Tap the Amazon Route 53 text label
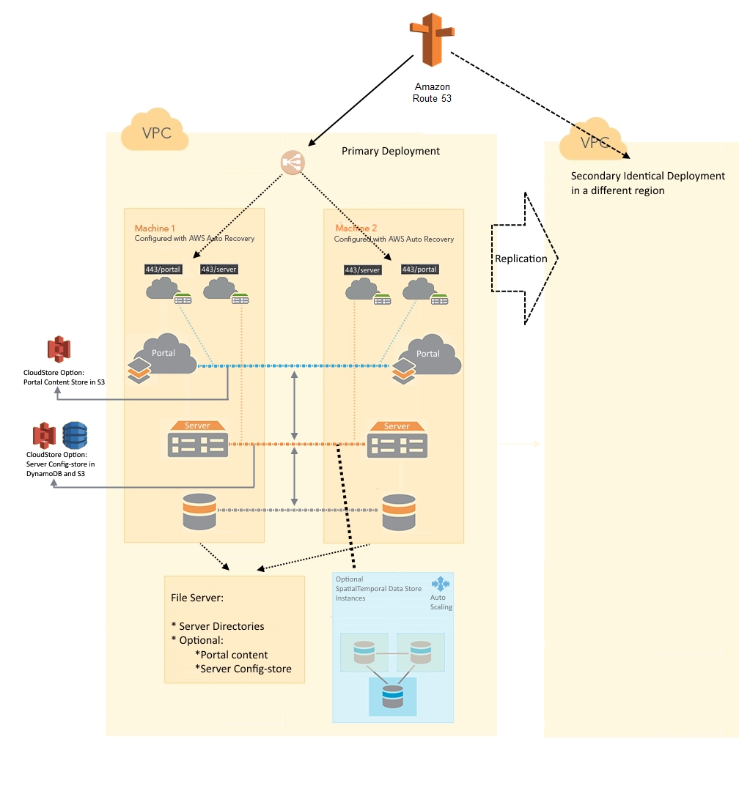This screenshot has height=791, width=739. (x=432, y=92)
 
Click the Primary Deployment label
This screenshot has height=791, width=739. (x=391, y=151)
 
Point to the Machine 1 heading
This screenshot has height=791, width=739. (x=155, y=229)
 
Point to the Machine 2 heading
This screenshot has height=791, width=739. (x=356, y=229)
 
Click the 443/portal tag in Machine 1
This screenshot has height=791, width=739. (x=163, y=269)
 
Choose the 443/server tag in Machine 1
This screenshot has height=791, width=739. (x=219, y=269)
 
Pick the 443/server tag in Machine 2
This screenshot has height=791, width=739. (x=362, y=270)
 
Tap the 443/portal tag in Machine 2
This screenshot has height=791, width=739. (x=419, y=270)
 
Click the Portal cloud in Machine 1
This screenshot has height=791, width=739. (x=166, y=354)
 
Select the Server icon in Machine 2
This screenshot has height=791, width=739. (x=397, y=439)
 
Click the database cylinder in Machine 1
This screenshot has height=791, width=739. (x=199, y=511)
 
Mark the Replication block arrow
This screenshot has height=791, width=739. (x=523, y=259)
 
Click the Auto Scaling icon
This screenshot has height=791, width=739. (x=440, y=584)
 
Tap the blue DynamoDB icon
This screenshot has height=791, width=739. (x=75, y=435)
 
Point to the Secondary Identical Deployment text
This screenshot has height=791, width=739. (x=647, y=183)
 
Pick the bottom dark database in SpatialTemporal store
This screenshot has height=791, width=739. (x=393, y=695)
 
